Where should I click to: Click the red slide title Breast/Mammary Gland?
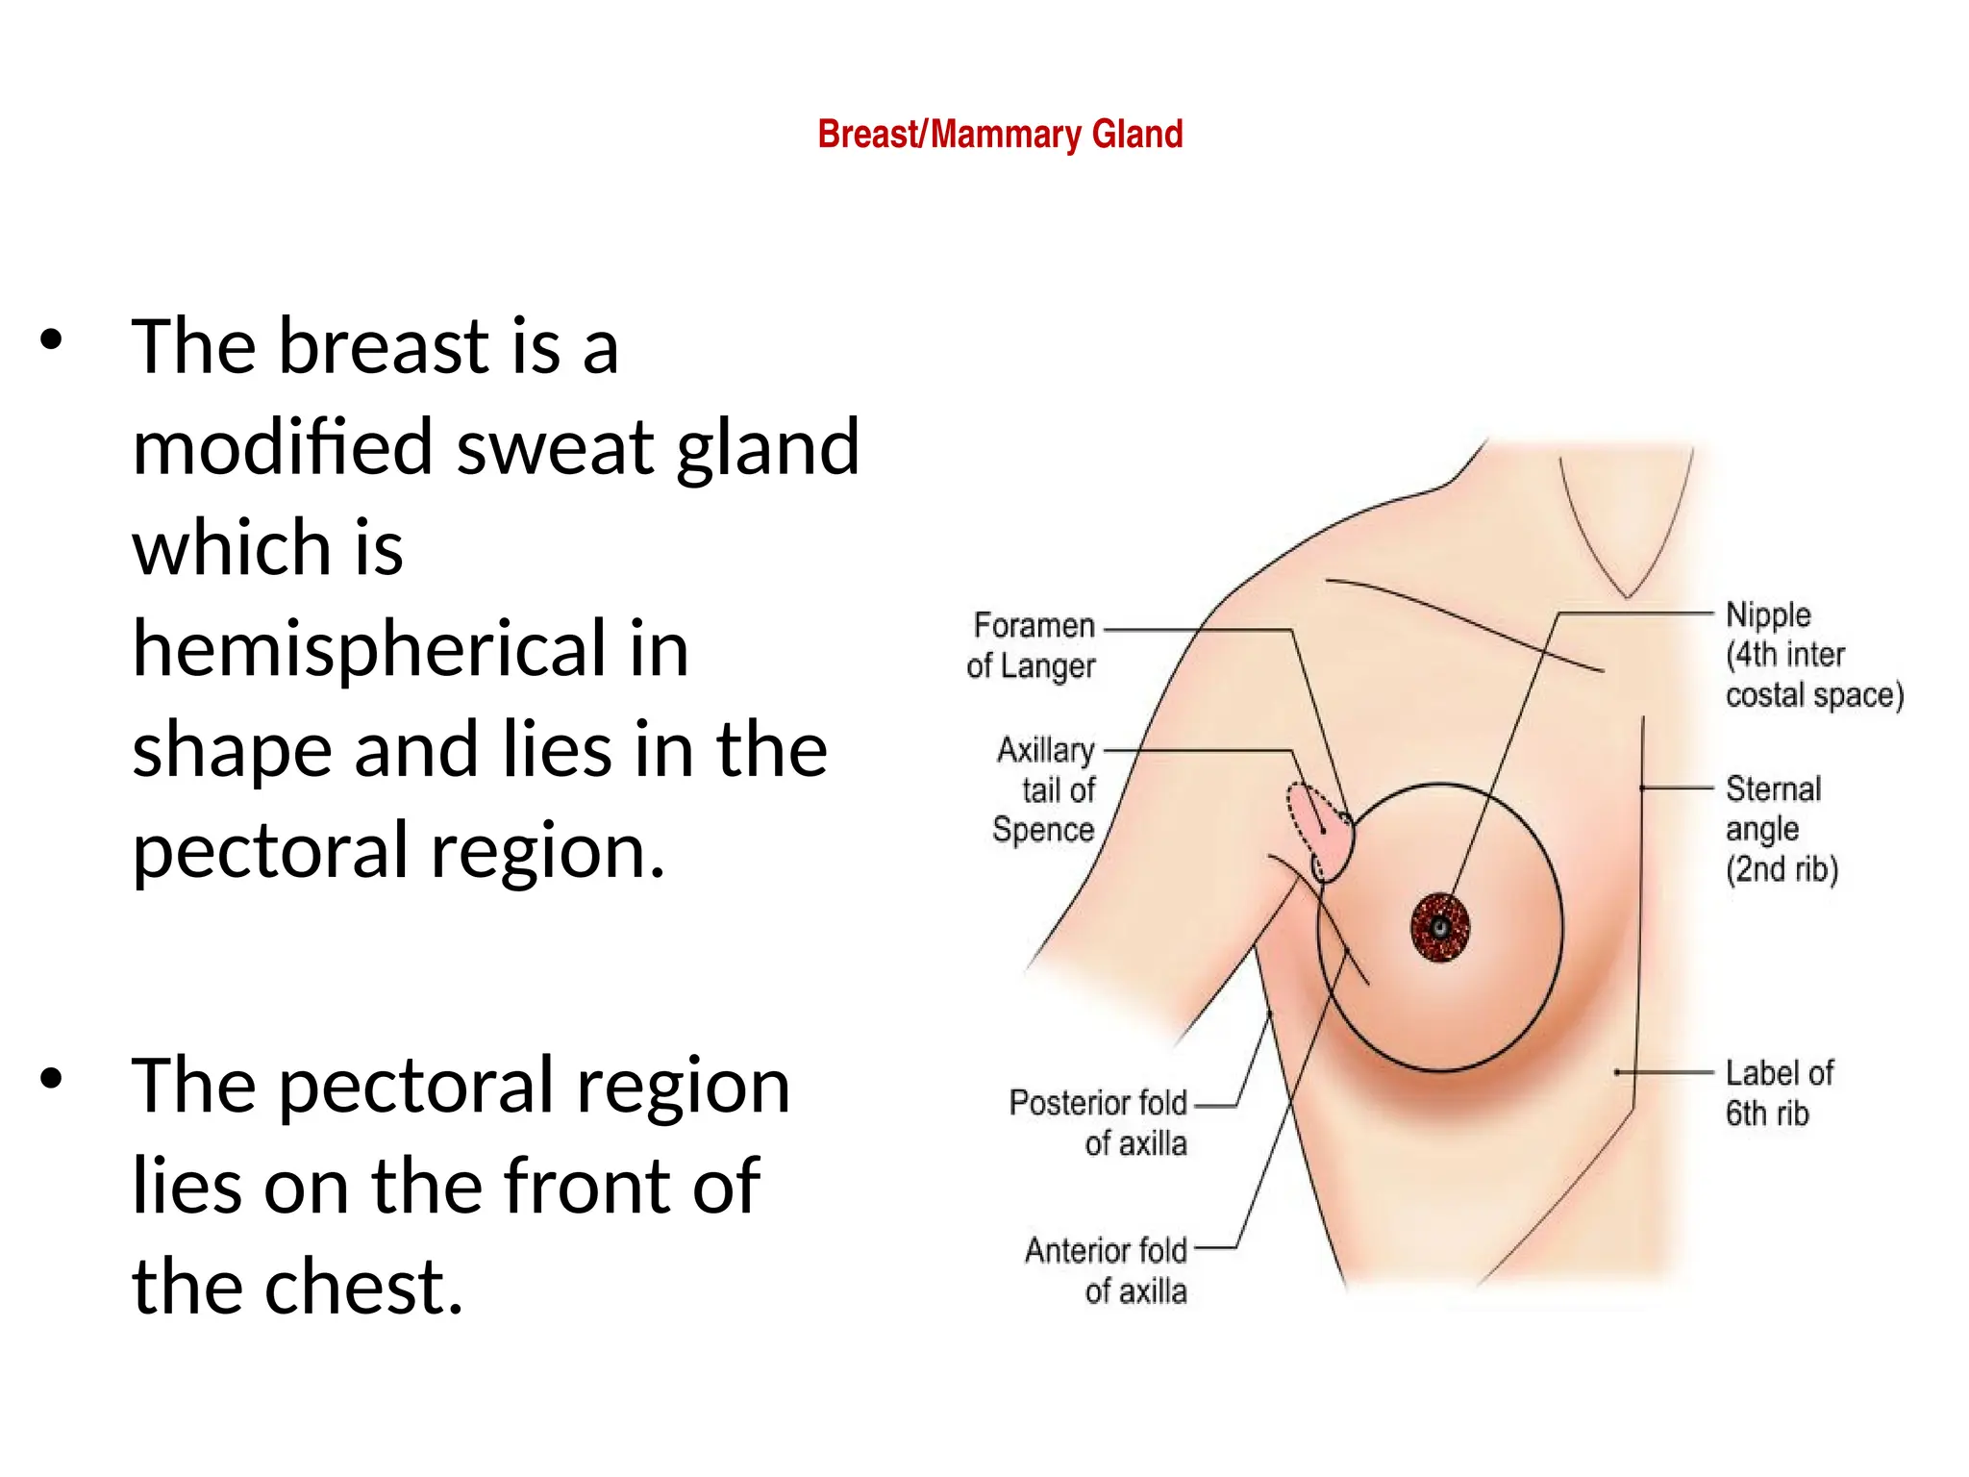tap(1000, 135)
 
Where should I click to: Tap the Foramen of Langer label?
tap(1032, 645)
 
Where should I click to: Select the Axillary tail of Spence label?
tap(1045, 789)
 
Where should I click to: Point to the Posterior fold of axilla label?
tap(1098, 1122)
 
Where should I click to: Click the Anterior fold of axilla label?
tap(1106, 1270)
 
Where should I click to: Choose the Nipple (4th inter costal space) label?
tap(1813, 654)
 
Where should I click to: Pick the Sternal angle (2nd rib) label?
tap(1781, 828)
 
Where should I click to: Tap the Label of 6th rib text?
tap(1779, 1092)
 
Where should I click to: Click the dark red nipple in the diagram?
tap(1440, 928)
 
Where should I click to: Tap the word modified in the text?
tap(283, 447)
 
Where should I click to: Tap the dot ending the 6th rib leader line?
tap(1618, 1072)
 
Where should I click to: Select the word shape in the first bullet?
tap(232, 751)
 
